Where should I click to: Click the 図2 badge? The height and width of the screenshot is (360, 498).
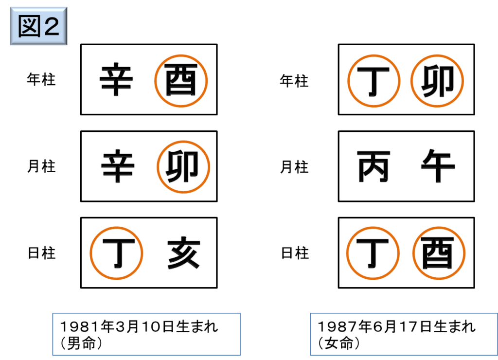click(x=38, y=26)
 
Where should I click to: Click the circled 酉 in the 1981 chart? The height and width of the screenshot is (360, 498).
click(x=181, y=80)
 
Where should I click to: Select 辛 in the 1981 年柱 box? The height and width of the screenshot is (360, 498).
click(x=116, y=79)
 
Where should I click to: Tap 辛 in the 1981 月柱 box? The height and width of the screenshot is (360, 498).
click(x=118, y=166)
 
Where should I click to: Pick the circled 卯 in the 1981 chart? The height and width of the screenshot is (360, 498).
click(x=183, y=166)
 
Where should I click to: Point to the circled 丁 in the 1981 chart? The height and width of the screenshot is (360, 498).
click(x=116, y=253)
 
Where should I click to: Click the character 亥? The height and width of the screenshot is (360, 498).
click(x=183, y=252)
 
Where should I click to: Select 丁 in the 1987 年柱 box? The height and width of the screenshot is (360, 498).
click(x=373, y=81)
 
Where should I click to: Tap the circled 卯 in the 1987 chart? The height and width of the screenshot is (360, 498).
click(x=437, y=81)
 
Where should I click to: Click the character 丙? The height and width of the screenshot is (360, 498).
click(x=373, y=166)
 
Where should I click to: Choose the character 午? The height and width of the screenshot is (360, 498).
click(x=438, y=165)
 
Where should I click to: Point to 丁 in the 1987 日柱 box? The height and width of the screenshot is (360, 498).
click(x=373, y=253)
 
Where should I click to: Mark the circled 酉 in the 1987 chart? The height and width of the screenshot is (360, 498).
click(x=439, y=253)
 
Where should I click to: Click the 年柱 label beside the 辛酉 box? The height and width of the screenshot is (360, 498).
click(x=41, y=79)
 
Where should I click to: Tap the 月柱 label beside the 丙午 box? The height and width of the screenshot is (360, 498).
click(x=294, y=167)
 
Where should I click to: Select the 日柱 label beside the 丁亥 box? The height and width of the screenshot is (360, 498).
click(x=42, y=253)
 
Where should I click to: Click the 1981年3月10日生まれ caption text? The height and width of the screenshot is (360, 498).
click(x=139, y=326)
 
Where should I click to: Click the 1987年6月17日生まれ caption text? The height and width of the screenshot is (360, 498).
click(x=397, y=326)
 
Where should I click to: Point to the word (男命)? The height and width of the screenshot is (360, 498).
click(x=81, y=343)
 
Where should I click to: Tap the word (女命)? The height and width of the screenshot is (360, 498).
click(x=339, y=343)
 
